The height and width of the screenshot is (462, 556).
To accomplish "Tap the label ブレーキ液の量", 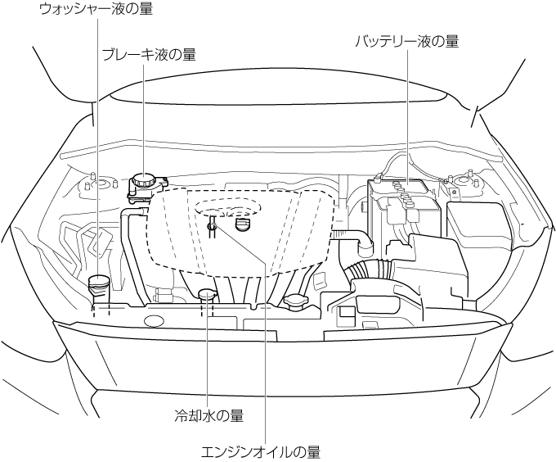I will coord(148,55).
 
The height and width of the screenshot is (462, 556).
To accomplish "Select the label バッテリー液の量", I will coord(406,40).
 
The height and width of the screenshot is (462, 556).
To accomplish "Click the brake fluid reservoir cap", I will coord(142,181).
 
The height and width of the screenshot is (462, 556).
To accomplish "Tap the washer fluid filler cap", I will coord(97,284).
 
